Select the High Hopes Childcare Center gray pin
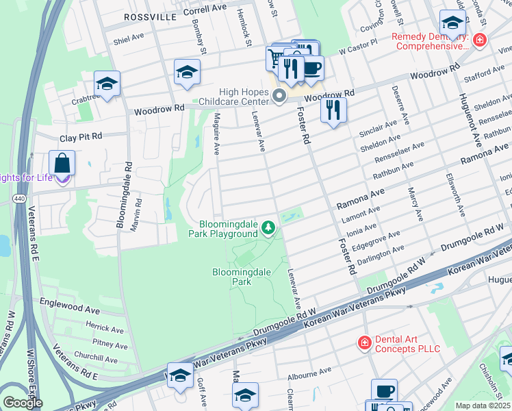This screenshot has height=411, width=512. coord(279,97)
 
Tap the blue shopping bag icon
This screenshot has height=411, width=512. coord(62,164)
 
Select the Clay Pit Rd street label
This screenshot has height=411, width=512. coord(80,136)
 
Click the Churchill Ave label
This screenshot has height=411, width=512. coord(95,358)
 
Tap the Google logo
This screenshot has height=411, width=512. coord(23,403)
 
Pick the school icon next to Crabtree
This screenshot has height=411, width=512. coord(107,84)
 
